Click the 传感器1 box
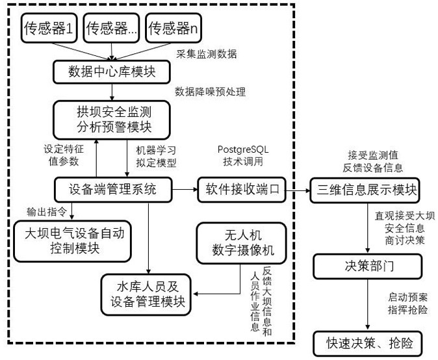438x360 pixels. (49, 28)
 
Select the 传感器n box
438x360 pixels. (174, 28)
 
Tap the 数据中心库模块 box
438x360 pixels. (112, 71)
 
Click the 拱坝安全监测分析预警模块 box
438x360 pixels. (112, 120)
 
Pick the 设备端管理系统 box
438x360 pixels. (113, 190)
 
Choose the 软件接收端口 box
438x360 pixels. (242, 190)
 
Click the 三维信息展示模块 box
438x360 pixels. (365, 190)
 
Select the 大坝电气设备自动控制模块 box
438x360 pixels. (73, 241)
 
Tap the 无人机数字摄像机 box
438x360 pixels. (242, 243)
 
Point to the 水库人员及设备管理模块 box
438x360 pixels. (146, 295)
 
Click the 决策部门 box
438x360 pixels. (368, 266)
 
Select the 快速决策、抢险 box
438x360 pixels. (368, 344)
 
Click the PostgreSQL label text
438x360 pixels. (243, 149)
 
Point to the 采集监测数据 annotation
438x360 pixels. (207, 54)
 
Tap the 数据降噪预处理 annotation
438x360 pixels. (211, 92)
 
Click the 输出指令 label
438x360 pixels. (47, 212)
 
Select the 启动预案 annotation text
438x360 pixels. (407, 297)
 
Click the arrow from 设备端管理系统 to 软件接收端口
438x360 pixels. (185, 190)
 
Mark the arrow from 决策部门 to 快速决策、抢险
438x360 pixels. (368, 305)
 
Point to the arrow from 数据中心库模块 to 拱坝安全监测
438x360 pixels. (112, 92)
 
